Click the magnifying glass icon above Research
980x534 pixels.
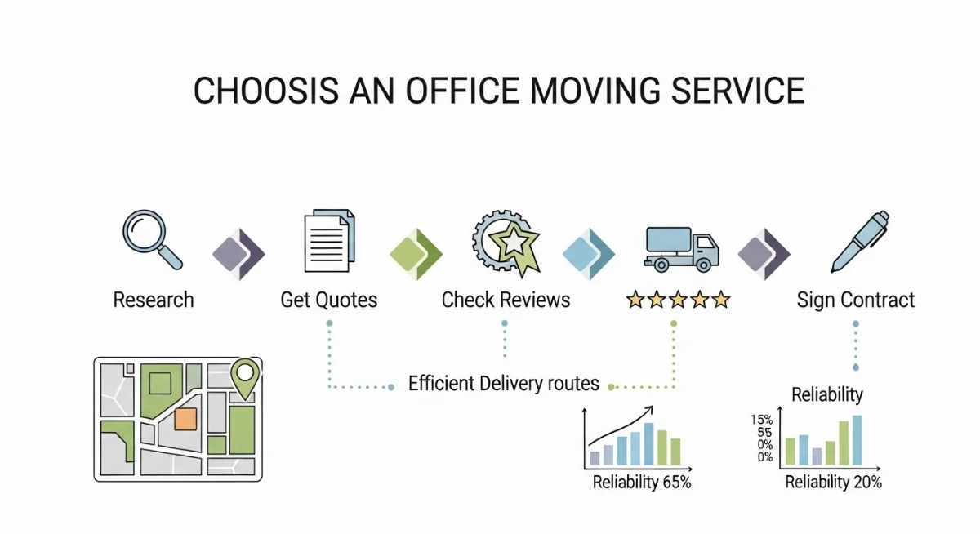point(152,240)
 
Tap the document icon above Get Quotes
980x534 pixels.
point(329,241)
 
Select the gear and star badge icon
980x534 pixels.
point(506,243)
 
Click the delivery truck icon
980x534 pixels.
point(681,249)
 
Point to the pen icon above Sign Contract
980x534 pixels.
point(860,242)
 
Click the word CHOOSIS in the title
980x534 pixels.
point(266,91)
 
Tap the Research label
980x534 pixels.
point(154,300)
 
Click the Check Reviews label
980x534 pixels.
point(506,300)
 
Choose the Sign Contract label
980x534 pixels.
point(855,300)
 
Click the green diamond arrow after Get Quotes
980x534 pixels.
point(416,254)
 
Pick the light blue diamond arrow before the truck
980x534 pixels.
point(589,254)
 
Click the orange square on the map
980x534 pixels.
point(185,420)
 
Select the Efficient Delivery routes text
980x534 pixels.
point(504,384)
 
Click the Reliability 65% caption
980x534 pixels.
point(642,482)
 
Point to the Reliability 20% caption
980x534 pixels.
point(834,482)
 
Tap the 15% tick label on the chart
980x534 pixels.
point(762,420)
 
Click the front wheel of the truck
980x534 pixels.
point(703,265)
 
